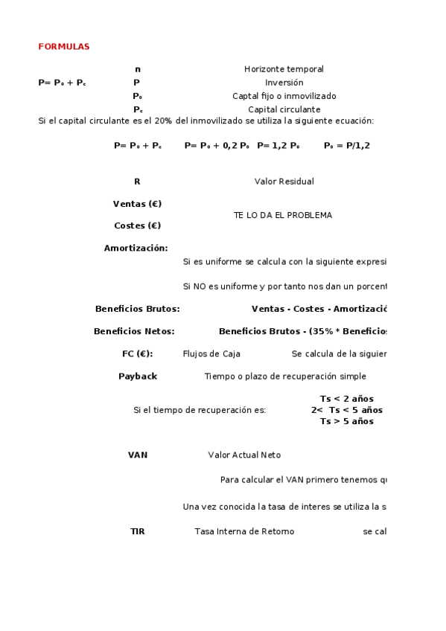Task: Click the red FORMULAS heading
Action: click(x=63, y=47)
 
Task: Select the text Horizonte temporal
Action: click(x=284, y=69)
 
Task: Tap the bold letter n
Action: click(x=137, y=69)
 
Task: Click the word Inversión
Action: click(x=284, y=83)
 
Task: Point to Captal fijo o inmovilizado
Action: click(x=284, y=96)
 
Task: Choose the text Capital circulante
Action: click(x=284, y=109)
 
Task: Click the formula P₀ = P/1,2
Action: click(x=346, y=146)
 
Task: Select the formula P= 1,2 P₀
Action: click(x=278, y=146)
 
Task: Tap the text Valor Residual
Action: click(x=284, y=182)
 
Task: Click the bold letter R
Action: click(x=137, y=182)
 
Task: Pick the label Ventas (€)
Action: click(x=137, y=204)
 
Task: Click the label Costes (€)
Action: click(x=137, y=225)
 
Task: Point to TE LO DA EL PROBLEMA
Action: click(x=283, y=215)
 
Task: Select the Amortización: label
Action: click(x=136, y=249)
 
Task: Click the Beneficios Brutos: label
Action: click(x=137, y=309)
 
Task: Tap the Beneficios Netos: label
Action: click(x=134, y=331)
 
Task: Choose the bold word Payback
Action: click(x=138, y=377)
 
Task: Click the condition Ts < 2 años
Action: click(x=346, y=399)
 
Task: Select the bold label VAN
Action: click(x=138, y=455)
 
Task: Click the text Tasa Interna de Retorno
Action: click(x=244, y=531)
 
